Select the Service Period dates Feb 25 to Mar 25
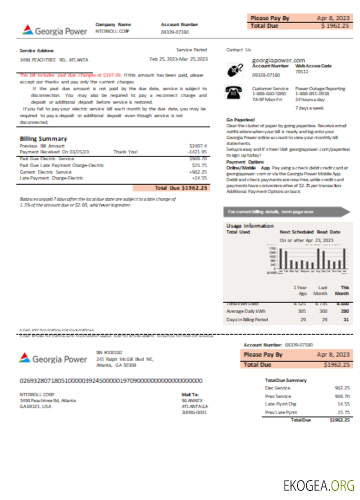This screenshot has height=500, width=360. pyautogui.click(x=178, y=59)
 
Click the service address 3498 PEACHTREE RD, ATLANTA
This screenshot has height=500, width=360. pyautogui.click(x=53, y=59)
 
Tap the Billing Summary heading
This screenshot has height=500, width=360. pyautogui.click(x=43, y=138)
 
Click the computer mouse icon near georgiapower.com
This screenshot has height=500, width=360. pyautogui.click(x=235, y=69)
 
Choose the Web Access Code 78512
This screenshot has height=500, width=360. pyautogui.click(x=301, y=71)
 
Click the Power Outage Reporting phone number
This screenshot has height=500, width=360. pyautogui.click(x=312, y=93)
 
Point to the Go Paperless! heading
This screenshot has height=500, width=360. pyautogui.click(x=240, y=120)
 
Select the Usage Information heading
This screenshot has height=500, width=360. pyautogui.click(x=249, y=225)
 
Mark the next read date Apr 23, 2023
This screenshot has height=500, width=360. pyautogui.click(x=306, y=240)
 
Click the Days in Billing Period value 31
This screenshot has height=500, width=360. pyautogui.click(x=345, y=319)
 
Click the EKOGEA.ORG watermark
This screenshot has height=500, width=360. pyautogui.click(x=318, y=485)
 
